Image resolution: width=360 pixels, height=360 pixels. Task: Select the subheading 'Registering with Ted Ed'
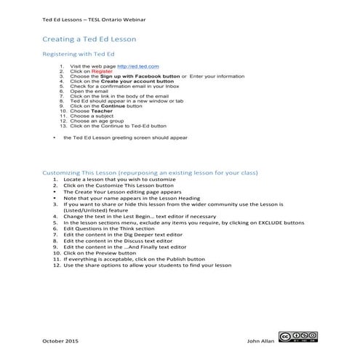[x=79, y=55]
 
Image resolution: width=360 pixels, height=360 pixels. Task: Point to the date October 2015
[x=62, y=340]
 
